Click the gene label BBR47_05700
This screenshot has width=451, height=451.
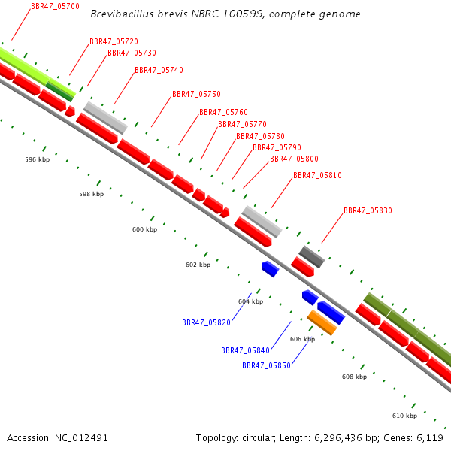point(55,6)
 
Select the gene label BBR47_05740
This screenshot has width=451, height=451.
point(159,70)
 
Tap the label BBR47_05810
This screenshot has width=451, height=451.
point(317,175)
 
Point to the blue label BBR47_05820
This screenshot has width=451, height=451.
point(206,322)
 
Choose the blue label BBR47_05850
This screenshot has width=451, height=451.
point(266,365)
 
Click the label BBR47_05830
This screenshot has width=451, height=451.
point(368,210)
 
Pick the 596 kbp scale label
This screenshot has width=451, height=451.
point(38,159)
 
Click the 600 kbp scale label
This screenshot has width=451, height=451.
point(144,229)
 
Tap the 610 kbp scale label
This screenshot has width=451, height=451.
point(404,416)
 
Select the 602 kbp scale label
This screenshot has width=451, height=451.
point(198,265)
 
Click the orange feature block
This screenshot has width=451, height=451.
point(322,322)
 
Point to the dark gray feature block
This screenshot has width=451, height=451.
point(312,257)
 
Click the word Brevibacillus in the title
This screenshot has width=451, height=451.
point(122,14)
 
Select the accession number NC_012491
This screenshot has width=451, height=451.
point(81,438)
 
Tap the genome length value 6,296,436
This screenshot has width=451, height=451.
point(338,438)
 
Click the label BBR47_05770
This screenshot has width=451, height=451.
point(242,124)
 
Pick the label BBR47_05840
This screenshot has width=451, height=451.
point(245,350)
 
